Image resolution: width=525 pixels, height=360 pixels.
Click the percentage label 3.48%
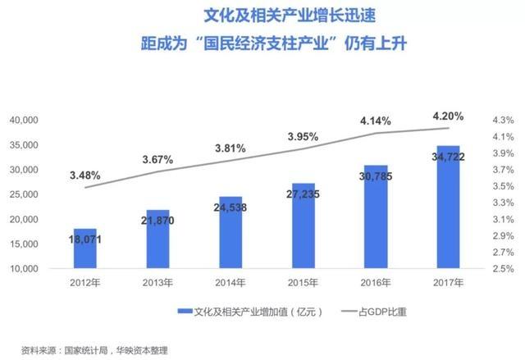85,174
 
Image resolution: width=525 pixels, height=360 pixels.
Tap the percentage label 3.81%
231,148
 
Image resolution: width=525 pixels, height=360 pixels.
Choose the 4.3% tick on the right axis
503,120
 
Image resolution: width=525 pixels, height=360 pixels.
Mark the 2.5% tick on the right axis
503,269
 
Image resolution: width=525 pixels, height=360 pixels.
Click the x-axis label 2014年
231,283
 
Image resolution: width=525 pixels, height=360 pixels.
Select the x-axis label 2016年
376,283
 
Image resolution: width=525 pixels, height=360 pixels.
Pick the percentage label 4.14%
376,121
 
